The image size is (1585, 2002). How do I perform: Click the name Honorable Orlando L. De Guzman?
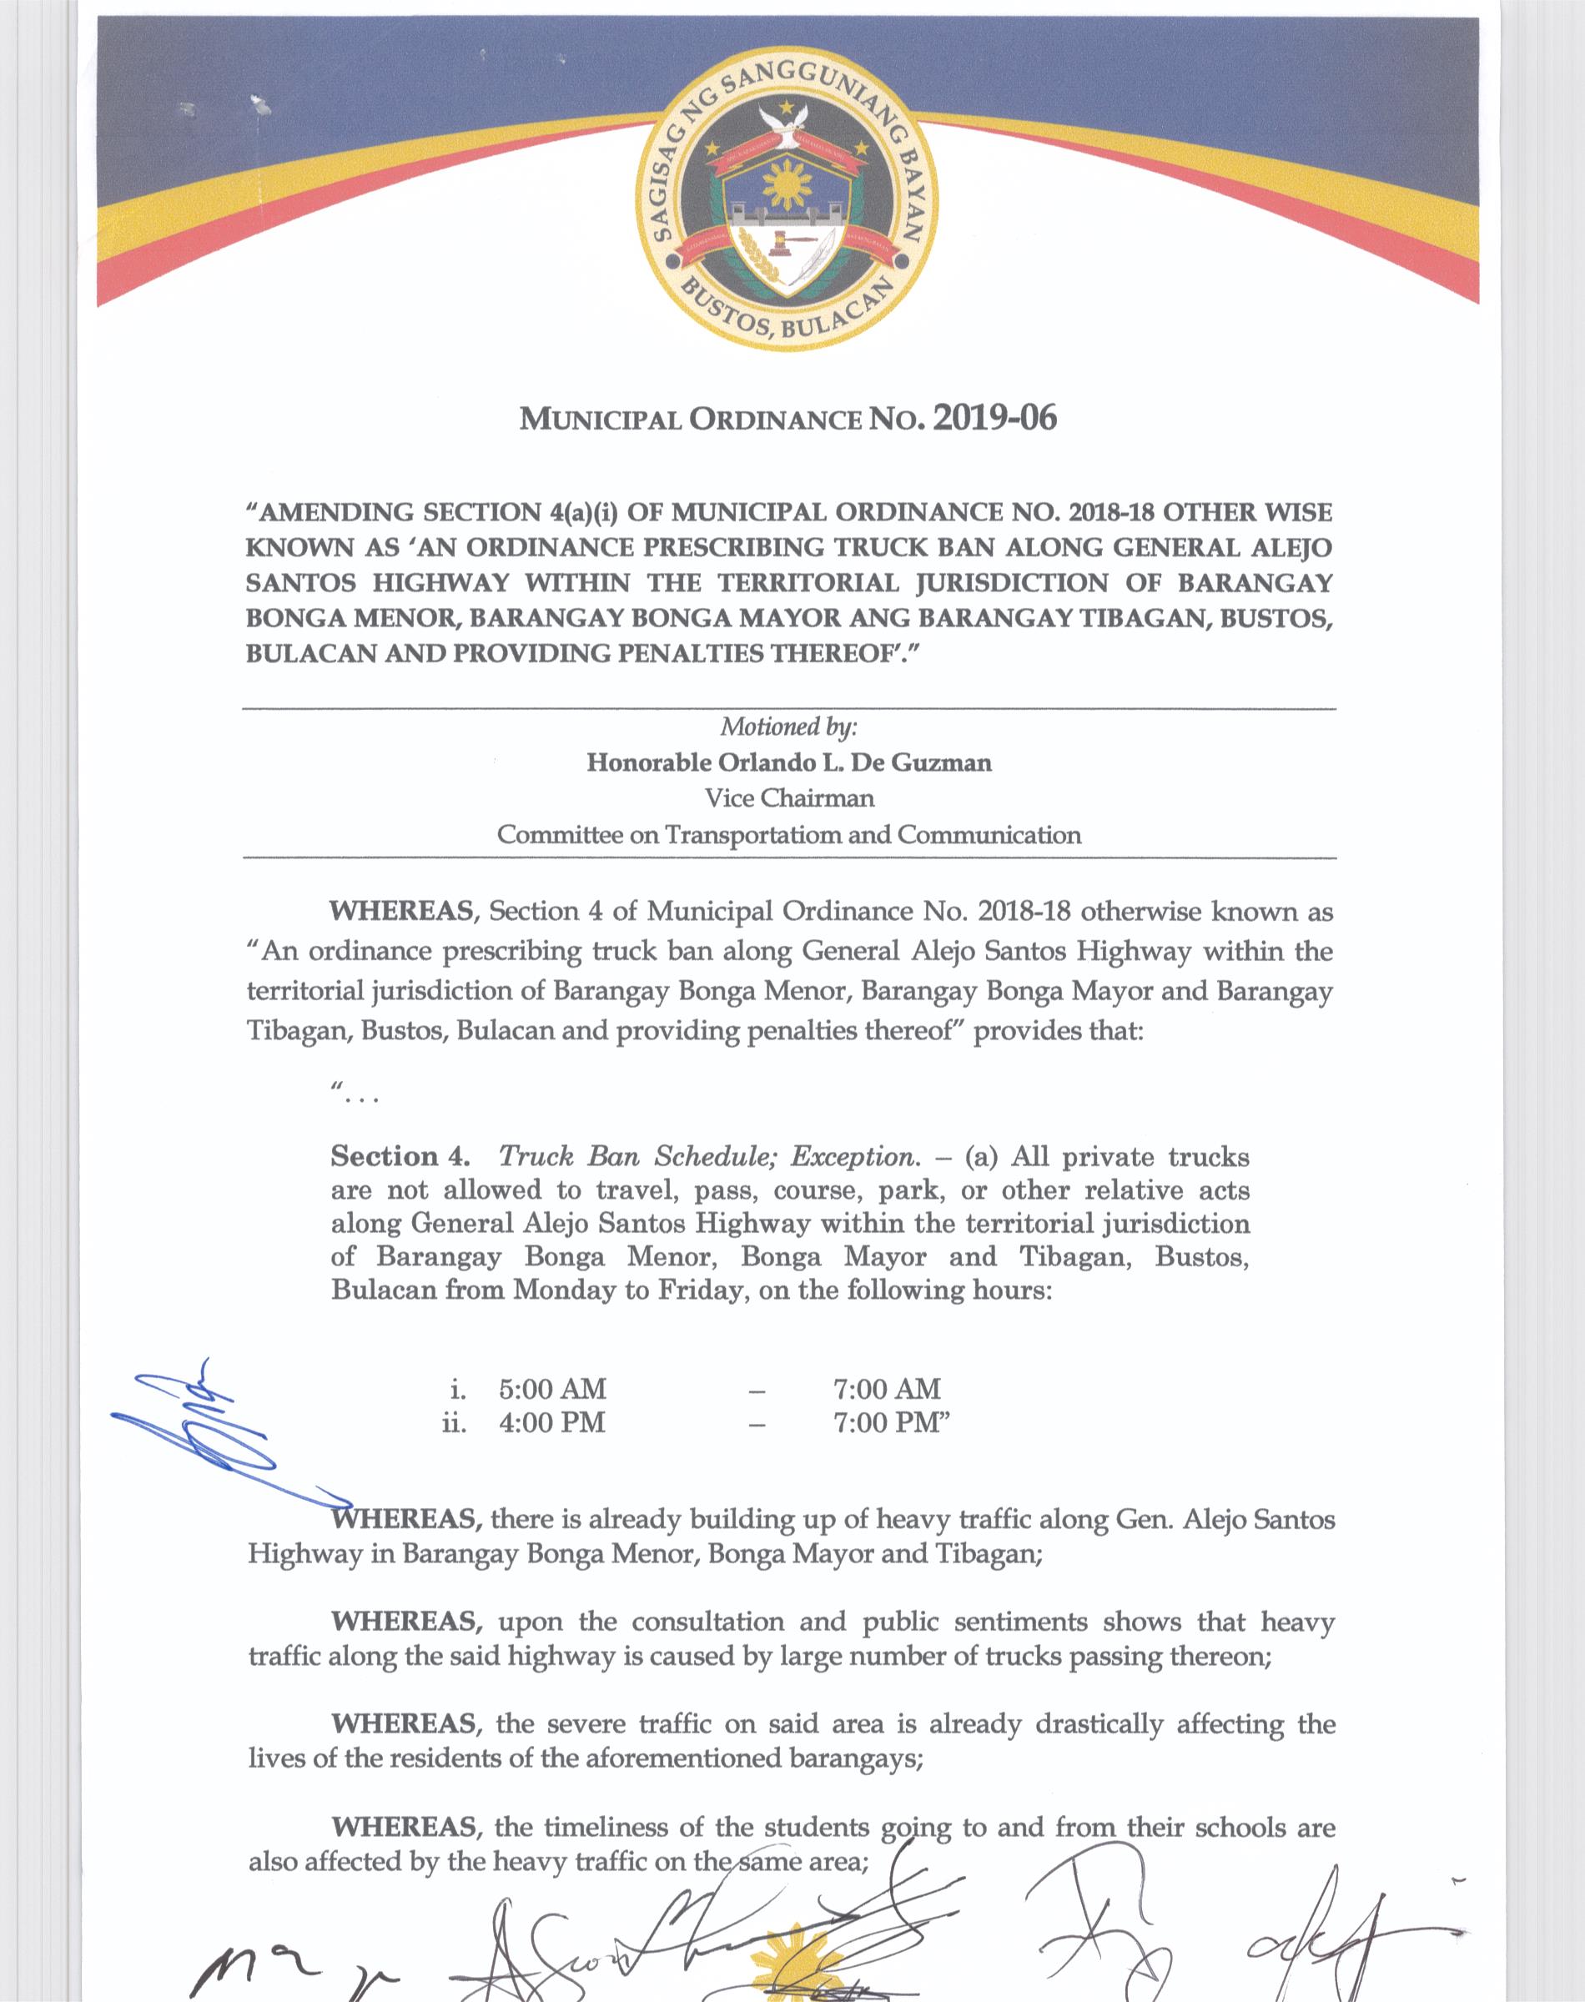click(789, 762)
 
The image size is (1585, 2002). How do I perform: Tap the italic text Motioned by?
click(789, 727)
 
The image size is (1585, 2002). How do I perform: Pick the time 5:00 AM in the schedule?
click(552, 1389)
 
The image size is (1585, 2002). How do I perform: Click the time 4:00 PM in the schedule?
click(552, 1422)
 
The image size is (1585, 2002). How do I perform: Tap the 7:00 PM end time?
click(891, 1422)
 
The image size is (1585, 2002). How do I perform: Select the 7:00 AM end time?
click(887, 1389)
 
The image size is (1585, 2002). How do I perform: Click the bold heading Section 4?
click(400, 1156)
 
